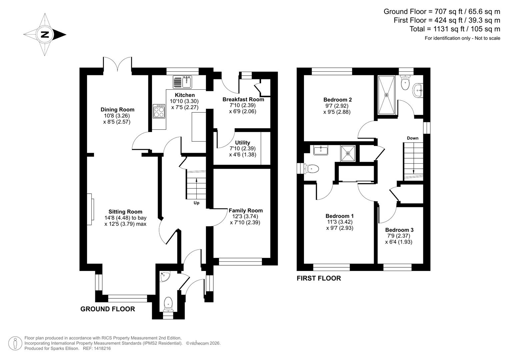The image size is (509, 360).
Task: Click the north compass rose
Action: click(x=45, y=34)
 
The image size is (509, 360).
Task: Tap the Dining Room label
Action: click(x=117, y=109)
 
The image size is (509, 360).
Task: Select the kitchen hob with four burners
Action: click(x=159, y=111)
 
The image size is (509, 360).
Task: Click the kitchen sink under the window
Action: click(x=182, y=82)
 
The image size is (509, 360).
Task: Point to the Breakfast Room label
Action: click(x=243, y=99)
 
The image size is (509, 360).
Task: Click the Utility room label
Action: click(x=242, y=143)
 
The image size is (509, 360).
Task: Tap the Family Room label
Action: click(x=245, y=210)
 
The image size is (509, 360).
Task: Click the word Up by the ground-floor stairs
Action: click(x=196, y=203)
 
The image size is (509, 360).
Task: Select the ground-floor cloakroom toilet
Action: click(x=168, y=304)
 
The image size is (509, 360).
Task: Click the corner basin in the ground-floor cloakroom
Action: click(x=165, y=277)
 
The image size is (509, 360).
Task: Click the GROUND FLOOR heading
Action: click(x=108, y=309)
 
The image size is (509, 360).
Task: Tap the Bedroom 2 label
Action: click(x=337, y=99)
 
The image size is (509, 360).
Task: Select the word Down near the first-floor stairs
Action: click(x=412, y=138)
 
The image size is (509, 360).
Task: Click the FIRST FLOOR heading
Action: click(x=319, y=278)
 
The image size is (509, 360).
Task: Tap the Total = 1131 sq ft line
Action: click(x=455, y=29)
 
